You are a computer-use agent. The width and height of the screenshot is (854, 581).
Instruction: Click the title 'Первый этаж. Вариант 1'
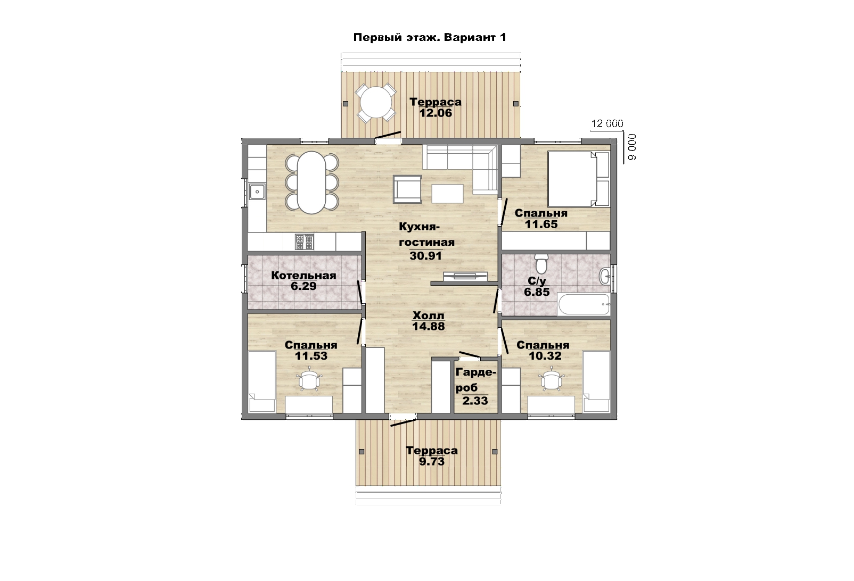430,37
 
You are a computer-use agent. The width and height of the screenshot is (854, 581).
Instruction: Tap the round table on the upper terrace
376,103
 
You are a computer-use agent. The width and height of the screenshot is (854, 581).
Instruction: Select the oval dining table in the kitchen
311,183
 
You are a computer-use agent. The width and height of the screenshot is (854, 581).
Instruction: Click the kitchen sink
257,191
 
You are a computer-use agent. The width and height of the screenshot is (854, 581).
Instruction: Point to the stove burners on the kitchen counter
304,242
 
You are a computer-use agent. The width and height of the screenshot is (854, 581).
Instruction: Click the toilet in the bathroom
541,262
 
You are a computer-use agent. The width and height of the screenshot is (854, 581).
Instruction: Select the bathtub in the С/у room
584,304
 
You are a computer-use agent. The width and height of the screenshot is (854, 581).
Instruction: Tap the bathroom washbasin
605,276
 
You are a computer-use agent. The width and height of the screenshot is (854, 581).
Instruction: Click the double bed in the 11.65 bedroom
578,179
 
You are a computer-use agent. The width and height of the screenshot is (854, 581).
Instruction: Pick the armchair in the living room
407,189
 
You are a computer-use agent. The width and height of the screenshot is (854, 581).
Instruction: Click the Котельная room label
303,276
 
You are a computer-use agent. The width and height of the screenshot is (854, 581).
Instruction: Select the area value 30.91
425,255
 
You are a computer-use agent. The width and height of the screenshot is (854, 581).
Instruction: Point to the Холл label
428,316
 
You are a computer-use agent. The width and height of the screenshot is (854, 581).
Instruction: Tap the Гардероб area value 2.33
475,401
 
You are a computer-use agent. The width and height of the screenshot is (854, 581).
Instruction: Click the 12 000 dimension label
607,123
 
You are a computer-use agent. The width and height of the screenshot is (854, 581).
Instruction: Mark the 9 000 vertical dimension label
632,147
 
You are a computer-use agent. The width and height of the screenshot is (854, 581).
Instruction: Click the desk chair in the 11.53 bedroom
309,379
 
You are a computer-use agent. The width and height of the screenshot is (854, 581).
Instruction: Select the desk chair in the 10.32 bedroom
551,379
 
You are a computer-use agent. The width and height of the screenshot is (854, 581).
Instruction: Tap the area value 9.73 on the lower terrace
432,461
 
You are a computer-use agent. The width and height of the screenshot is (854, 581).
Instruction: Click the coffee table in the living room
448,194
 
